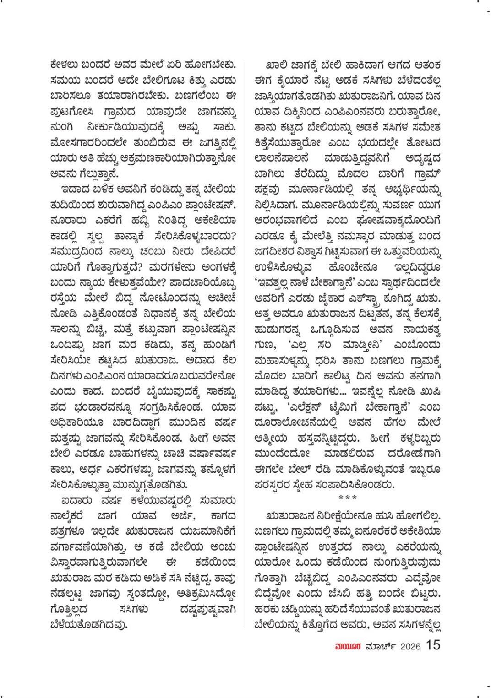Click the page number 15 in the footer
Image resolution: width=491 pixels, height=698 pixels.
coord(433,645)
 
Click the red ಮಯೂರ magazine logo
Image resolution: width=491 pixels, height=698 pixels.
coord(349,646)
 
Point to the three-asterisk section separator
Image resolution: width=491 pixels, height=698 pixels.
coord(347,497)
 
